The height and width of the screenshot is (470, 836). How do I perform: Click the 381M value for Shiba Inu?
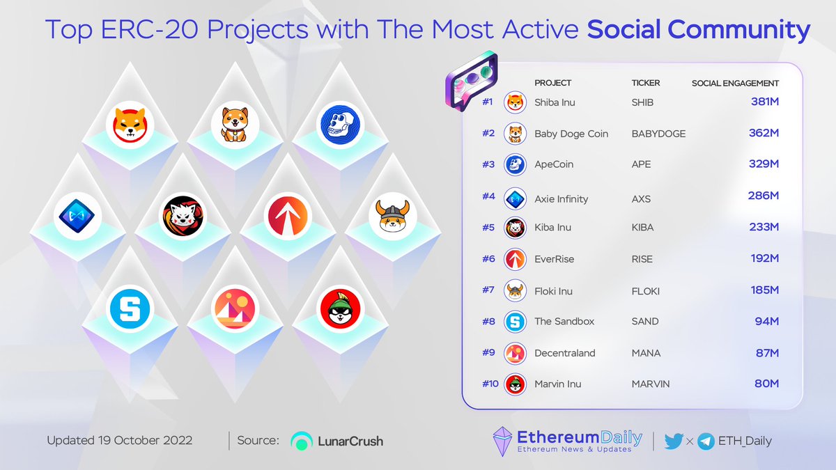coord(764,102)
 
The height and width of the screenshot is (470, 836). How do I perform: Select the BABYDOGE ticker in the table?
coord(658,133)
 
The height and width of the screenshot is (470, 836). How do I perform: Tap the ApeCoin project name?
coord(554,164)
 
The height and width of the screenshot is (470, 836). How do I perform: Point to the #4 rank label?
coord(488,196)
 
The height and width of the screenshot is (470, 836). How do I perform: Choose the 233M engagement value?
coord(764,227)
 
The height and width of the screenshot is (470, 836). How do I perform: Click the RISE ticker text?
coord(642,258)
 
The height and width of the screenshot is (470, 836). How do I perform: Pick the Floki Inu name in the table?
coord(553,290)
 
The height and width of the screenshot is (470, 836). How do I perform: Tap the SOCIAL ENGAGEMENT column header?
coord(735,83)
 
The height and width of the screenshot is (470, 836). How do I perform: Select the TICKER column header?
coord(645,83)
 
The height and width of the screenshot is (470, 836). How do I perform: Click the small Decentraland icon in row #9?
coord(515,353)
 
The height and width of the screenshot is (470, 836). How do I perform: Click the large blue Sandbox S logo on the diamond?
coord(130,311)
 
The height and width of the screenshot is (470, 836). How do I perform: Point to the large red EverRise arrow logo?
coord(288,217)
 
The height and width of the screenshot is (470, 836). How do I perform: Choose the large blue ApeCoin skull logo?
coord(340,124)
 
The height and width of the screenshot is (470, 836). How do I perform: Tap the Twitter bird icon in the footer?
coord(674,440)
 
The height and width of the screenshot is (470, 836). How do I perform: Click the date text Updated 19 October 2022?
coord(120,441)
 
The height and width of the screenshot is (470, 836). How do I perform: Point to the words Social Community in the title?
coord(699,30)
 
